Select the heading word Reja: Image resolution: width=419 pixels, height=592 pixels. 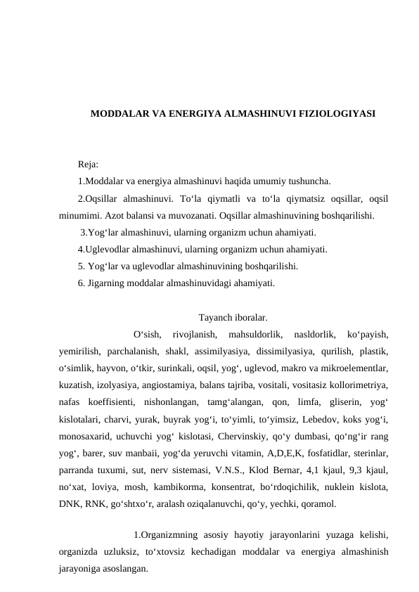[x=88, y=165]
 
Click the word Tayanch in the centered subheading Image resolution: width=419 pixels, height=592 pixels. [x=214, y=317]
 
